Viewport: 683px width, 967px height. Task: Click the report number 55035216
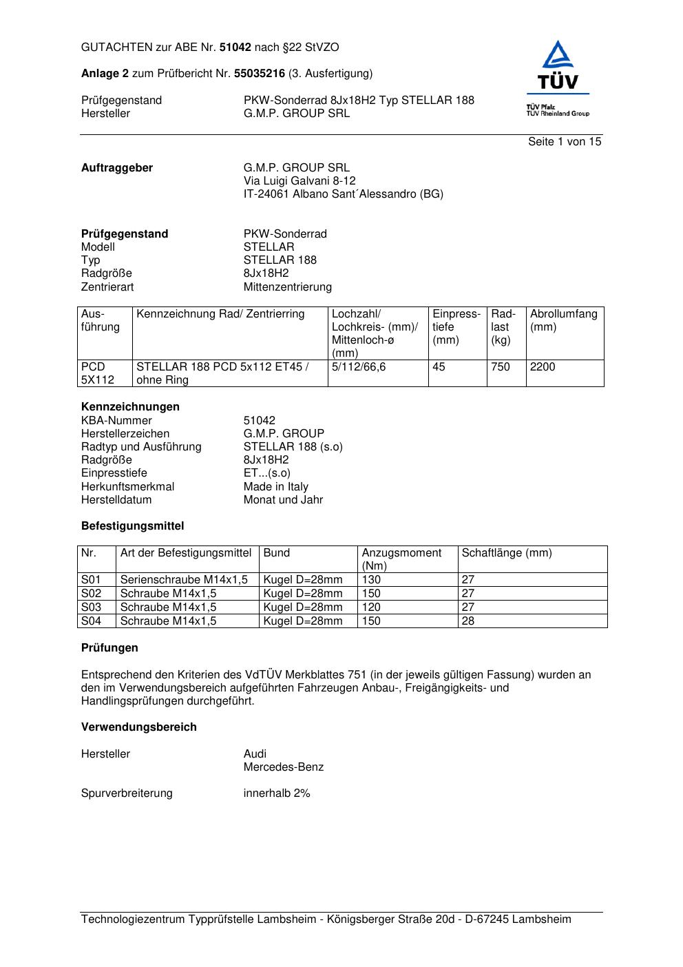[260, 73]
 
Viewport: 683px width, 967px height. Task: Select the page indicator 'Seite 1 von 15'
[565, 142]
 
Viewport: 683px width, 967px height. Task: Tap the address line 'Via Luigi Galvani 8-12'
[300, 180]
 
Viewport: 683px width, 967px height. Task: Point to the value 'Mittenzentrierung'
[287, 287]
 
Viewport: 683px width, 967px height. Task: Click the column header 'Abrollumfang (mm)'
[563, 320]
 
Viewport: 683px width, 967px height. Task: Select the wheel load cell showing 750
[501, 367]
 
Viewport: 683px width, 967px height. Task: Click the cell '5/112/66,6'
[359, 367]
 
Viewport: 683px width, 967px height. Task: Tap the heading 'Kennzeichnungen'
[130, 406]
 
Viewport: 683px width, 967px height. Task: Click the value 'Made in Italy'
[275, 486]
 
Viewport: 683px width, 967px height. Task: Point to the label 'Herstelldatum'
[116, 499]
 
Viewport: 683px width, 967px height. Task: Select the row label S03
[91, 607]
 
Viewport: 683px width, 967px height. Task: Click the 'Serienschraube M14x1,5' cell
[184, 580]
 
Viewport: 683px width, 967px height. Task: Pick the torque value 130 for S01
[371, 580]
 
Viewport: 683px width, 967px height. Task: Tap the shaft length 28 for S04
[468, 621]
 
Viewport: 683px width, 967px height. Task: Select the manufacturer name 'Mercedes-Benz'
[283, 767]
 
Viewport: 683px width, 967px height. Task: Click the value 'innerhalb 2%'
[277, 793]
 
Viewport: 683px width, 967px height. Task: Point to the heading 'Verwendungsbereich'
[139, 727]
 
